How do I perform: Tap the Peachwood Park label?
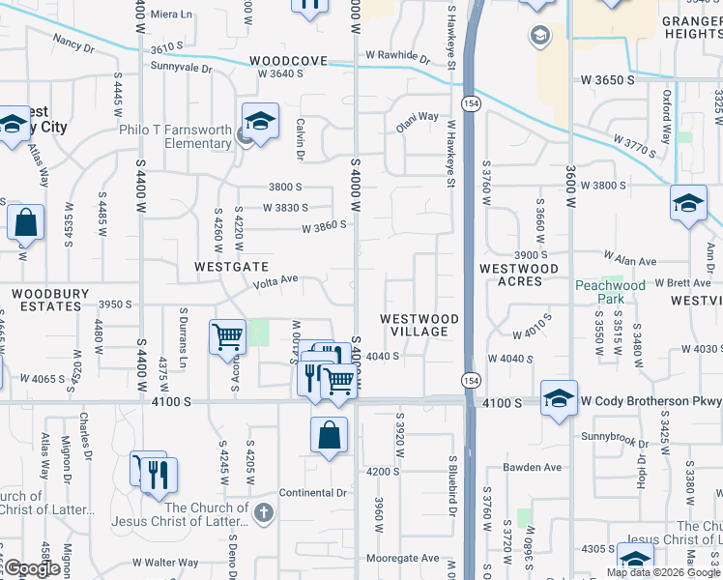click(610, 292)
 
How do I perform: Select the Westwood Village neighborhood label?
click(419, 325)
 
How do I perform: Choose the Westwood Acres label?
click(519, 275)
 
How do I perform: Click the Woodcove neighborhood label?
click(290, 60)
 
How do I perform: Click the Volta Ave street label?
click(275, 282)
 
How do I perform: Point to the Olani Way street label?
click(418, 124)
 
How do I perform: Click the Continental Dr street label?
click(312, 493)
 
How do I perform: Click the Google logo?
click(33, 569)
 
